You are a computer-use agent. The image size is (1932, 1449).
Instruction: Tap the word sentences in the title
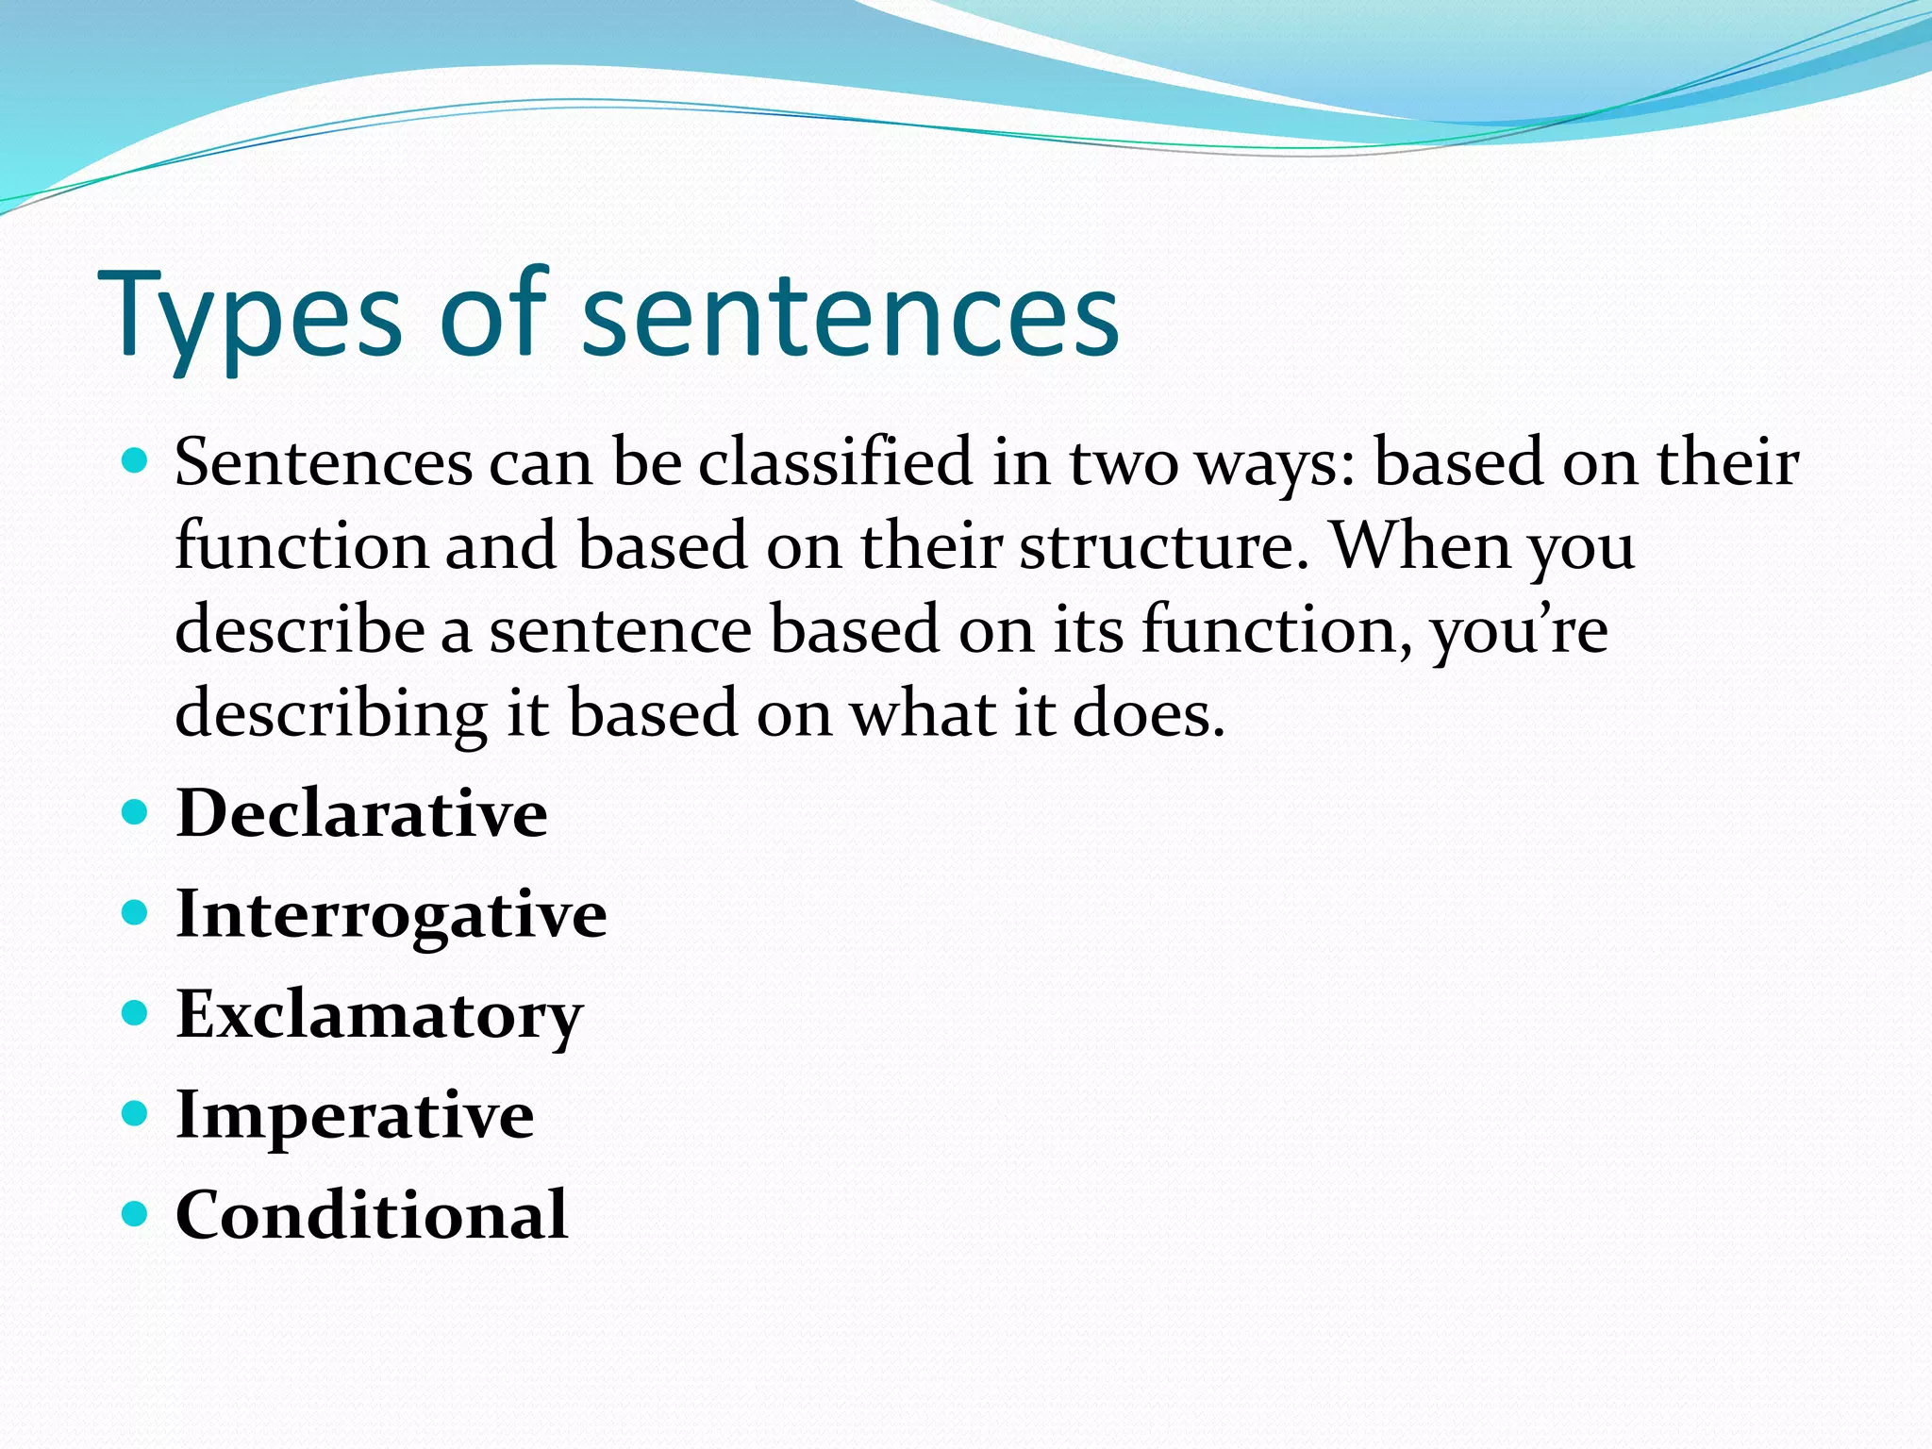click(851, 316)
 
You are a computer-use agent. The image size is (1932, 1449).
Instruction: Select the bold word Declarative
click(361, 813)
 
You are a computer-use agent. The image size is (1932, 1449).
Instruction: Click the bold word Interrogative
click(391, 914)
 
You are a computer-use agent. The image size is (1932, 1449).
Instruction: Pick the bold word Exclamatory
click(379, 1015)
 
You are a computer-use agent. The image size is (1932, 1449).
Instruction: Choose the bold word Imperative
click(355, 1115)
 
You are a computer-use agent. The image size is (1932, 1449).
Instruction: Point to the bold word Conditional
click(372, 1215)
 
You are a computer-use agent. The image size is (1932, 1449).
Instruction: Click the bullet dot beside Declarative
click(136, 812)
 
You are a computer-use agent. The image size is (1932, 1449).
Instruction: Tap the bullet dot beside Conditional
click(136, 1213)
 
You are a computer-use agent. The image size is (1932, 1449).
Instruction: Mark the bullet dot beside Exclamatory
click(136, 1013)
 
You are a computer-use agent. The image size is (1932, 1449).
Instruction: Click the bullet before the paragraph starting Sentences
click(136, 461)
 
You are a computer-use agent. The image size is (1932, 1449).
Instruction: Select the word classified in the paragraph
click(835, 462)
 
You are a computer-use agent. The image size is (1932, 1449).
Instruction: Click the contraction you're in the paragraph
click(1519, 630)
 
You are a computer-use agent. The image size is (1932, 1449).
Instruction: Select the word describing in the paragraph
click(331, 714)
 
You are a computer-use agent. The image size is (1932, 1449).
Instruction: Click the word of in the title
click(492, 316)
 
